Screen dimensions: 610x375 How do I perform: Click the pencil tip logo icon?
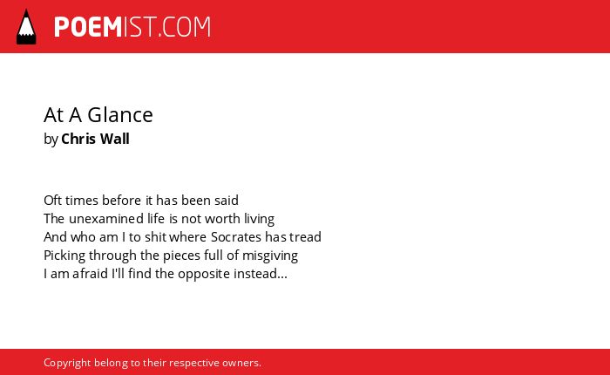tap(26, 27)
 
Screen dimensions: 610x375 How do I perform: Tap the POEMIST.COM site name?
tap(132, 27)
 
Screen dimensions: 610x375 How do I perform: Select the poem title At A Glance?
tap(98, 115)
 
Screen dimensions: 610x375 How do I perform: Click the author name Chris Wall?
tap(95, 139)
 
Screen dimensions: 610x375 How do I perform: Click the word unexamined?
tap(106, 219)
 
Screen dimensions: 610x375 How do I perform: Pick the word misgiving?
tap(270, 256)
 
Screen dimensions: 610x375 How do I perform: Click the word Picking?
tap(64, 256)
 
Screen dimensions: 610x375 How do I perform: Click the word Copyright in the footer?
tap(67, 363)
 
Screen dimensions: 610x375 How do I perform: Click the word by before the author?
tap(51, 140)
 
